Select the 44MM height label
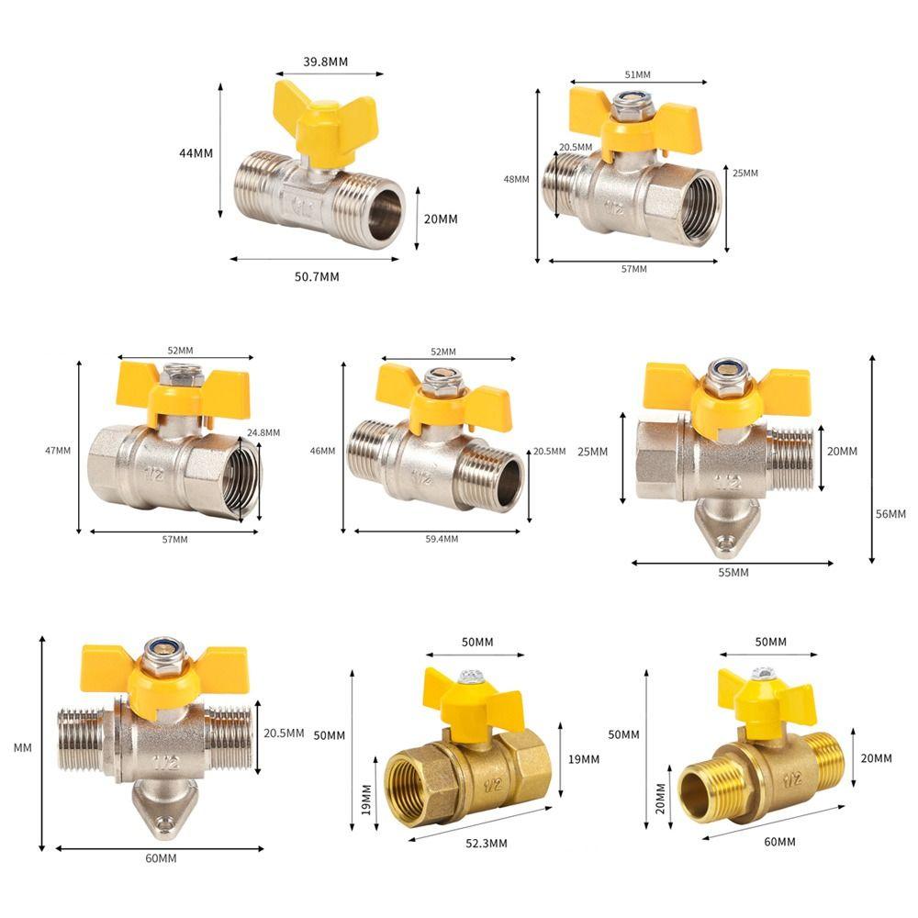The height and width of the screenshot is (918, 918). (x=196, y=153)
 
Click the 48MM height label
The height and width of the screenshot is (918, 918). (x=516, y=179)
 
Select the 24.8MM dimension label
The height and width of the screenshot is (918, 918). (x=263, y=432)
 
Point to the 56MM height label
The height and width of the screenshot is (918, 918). (x=890, y=513)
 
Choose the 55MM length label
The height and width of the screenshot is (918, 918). (x=733, y=572)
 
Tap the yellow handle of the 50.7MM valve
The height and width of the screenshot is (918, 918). (x=326, y=119)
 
